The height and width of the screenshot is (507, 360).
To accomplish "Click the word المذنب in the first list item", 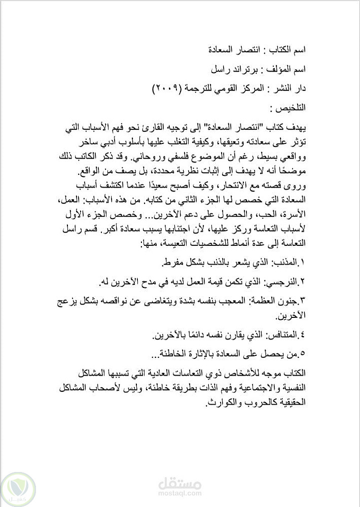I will coord(287,263).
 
